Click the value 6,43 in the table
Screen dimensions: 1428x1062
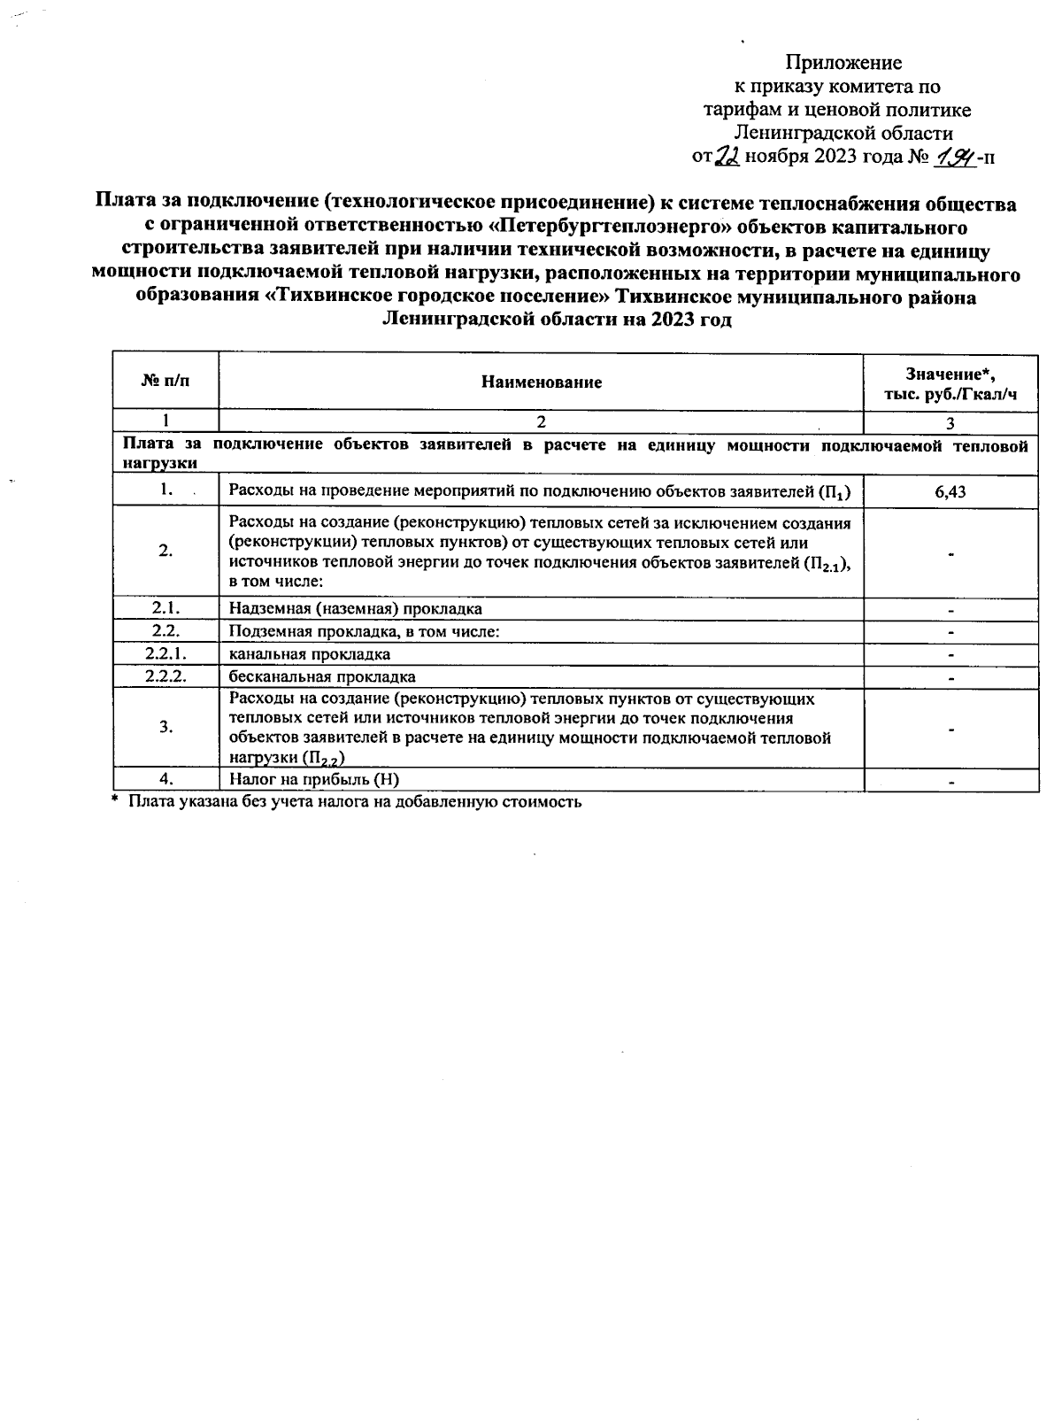(x=950, y=492)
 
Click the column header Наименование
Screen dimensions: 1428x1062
(x=541, y=382)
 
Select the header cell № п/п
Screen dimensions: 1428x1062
(x=165, y=382)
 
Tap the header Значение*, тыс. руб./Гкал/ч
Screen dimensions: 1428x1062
(x=950, y=382)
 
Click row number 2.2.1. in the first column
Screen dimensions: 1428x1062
(x=165, y=654)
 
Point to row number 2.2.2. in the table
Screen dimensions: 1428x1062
(x=165, y=676)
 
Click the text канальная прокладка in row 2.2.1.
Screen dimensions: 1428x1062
(x=309, y=654)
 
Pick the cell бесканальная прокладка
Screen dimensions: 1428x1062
(x=322, y=676)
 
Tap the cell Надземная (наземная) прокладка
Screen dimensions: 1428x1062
(x=355, y=609)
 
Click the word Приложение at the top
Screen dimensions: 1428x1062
(x=843, y=63)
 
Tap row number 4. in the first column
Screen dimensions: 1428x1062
(x=165, y=779)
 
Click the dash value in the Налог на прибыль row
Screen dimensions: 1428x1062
(x=950, y=782)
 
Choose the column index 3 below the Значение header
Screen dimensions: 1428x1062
(x=950, y=423)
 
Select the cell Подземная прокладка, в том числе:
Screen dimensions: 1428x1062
(x=364, y=632)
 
